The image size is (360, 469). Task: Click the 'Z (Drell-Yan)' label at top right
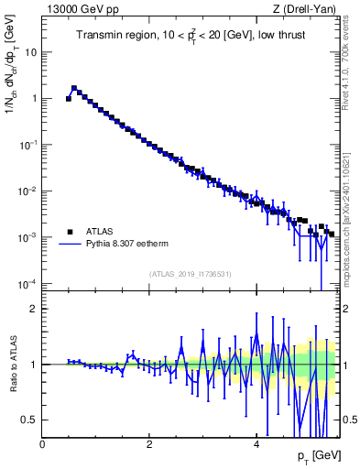(304, 8)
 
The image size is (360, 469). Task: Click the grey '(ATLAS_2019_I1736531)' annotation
(191, 274)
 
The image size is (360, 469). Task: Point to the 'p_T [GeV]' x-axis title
(315, 455)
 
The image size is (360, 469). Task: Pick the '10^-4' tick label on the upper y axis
(27, 283)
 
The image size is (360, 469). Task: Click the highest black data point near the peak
(74, 89)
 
